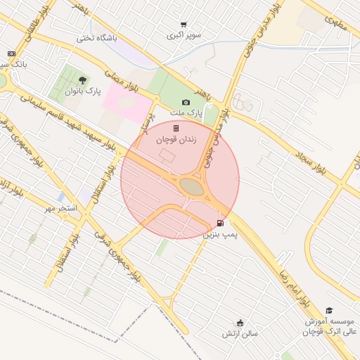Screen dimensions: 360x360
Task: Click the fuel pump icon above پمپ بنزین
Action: click(x=221, y=224)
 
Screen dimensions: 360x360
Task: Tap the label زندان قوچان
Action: click(x=176, y=140)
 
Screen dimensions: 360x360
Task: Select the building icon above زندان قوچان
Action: click(x=176, y=128)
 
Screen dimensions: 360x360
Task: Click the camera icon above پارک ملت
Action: click(x=186, y=103)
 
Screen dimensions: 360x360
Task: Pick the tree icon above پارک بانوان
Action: click(x=83, y=80)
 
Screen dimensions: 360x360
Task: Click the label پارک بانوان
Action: click(x=83, y=91)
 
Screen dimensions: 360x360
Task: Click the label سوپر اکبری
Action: click(x=184, y=34)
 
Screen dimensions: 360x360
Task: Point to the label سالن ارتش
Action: click(x=241, y=333)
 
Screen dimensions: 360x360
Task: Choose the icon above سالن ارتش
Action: click(x=240, y=323)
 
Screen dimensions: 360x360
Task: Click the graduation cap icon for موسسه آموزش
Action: click(x=329, y=310)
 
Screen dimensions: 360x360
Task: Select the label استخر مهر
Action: click(x=59, y=208)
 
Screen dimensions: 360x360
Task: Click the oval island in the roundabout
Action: click(x=191, y=186)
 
